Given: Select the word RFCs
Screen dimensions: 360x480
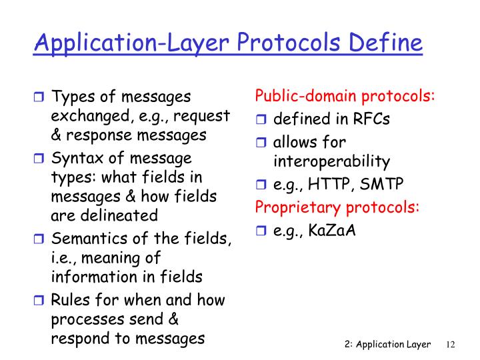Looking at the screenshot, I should (371, 120).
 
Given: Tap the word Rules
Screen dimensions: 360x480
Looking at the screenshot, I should (70, 299).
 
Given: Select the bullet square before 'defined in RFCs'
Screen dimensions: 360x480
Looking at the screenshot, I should (261, 121).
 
